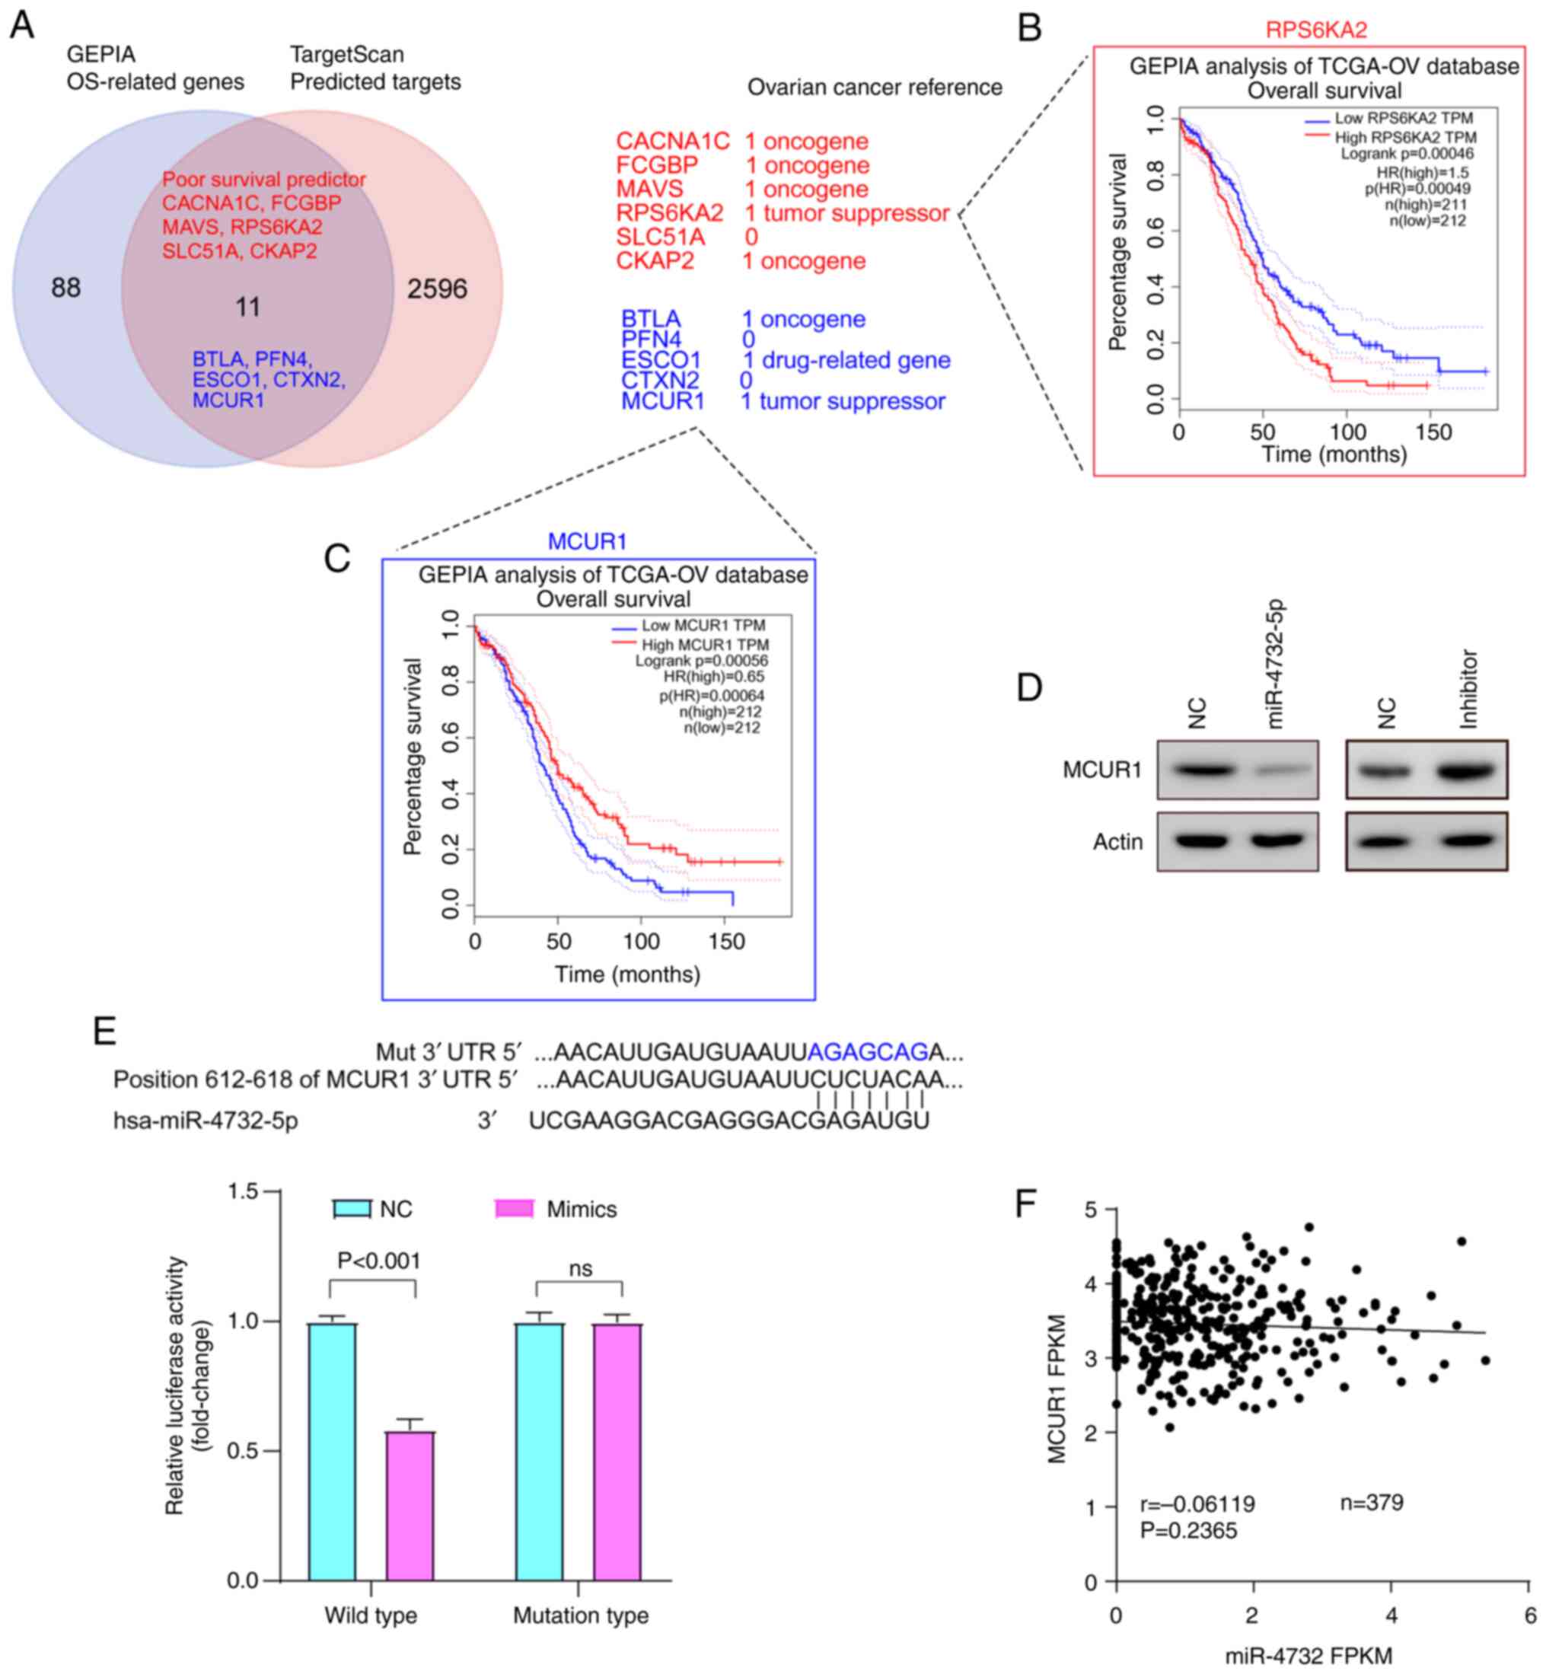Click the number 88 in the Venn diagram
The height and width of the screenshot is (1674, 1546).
click(x=66, y=288)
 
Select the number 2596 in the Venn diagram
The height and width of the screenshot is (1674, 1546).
click(x=437, y=289)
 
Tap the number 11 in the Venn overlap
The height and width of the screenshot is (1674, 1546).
click(x=247, y=307)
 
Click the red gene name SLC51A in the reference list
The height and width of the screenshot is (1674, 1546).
click(x=660, y=237)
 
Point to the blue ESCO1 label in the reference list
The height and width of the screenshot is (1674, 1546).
click(x=660, y=360)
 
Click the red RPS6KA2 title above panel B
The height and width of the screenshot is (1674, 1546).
click(x=1316, y=30)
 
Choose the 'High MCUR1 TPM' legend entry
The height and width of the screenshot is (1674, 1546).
click(x=704, y=644)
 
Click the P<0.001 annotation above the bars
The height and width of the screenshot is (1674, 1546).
click(x=378, y=1261)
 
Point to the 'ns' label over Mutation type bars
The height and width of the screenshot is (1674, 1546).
click(x=580, y=1269)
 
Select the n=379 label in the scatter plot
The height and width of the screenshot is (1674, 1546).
click(x=1371, y=1503)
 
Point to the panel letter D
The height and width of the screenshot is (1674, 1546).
click(x=1029, y=687)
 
